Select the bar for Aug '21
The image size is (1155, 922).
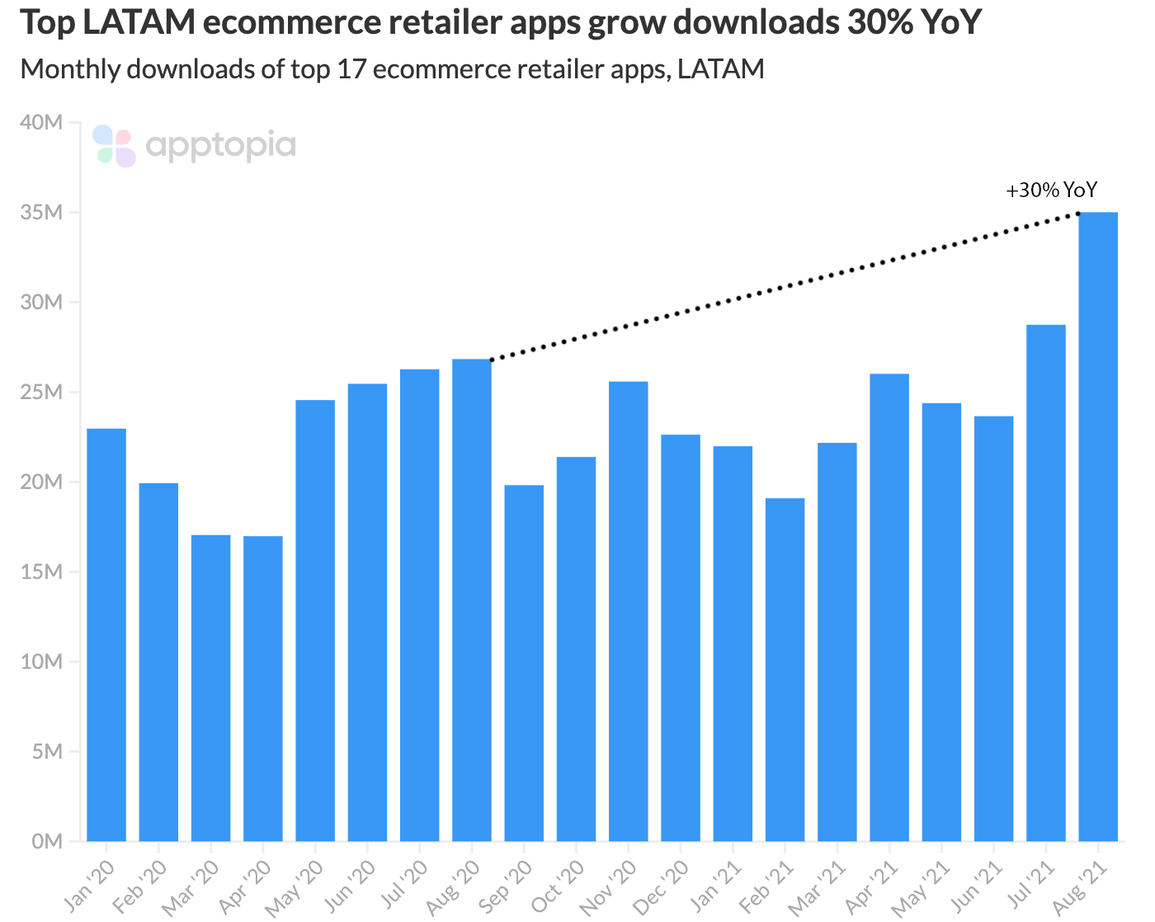tap(1097, 528)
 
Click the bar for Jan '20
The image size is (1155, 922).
tap(106, 635)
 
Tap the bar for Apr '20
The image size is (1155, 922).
tap(263, 689)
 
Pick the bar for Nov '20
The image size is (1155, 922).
tap(629, 611)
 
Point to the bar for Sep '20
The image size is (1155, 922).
tap(524, 663)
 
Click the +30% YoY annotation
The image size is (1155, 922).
tap(1051, 191)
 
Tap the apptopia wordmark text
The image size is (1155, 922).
tap(220, 147)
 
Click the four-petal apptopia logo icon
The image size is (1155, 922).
tap(114, 147)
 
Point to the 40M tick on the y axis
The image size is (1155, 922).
tap(42, 123)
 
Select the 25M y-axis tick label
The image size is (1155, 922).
tap(42, 393)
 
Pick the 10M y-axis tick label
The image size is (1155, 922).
tap(42, 662)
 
